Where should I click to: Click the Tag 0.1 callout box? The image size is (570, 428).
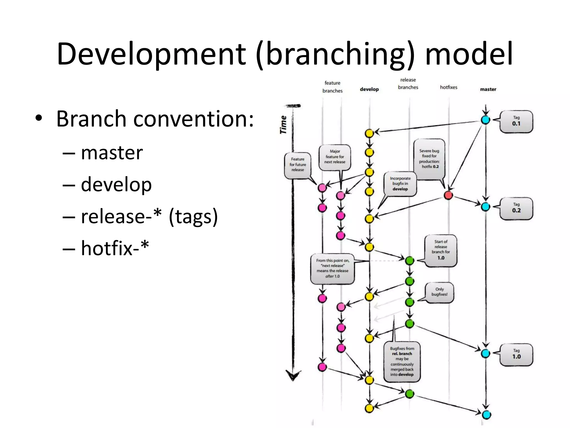516,121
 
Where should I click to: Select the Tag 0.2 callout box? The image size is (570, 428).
516,208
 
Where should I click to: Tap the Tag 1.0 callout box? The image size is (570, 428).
516,354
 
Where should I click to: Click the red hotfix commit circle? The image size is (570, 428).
448,195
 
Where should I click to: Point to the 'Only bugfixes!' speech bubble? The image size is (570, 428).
439,292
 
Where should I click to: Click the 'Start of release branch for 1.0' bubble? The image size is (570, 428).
441,250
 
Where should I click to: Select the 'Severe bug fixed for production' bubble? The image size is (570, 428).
429,159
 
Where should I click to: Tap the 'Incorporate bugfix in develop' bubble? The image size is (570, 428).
400,184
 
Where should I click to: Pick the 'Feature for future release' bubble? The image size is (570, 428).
298,165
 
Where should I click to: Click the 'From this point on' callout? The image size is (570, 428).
332,268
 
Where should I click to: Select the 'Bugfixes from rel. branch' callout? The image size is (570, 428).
402,361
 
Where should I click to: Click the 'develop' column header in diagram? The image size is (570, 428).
369,89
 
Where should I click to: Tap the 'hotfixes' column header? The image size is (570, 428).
448,87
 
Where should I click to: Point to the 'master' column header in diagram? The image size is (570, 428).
488,89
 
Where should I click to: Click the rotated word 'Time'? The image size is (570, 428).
283,125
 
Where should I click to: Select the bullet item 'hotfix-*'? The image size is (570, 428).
115,248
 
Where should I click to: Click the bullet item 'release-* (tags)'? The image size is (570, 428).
149,216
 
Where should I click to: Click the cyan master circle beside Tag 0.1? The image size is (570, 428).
485,120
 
